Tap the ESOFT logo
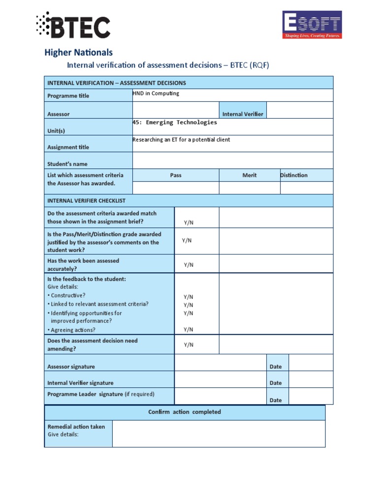[312, 25]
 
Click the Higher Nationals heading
[79, 52]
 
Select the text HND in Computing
[156, 94]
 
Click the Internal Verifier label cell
[243, 114]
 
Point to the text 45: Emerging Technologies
[175, 123]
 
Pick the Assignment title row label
[68, 147]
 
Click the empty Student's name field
[232, 160]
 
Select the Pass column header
[176, 175]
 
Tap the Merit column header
[250, 175]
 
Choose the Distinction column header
[294, 175]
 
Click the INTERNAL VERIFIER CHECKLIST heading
[86, 201]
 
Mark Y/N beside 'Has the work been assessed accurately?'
[189, 265]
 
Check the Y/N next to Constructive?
[189, 297]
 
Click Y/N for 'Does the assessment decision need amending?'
[189, 345]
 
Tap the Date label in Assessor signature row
[276, 367]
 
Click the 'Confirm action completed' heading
[185, 412]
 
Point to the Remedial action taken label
[76, 427]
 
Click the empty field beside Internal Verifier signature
[220, 379]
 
